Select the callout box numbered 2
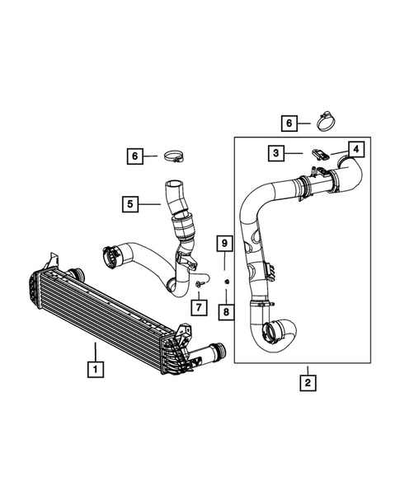(307, 381)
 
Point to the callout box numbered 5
(131, 202)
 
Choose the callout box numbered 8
(224, 312)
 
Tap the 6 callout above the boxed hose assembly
(289, 123)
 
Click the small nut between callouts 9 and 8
(225, 282)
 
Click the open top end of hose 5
(172, 188)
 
